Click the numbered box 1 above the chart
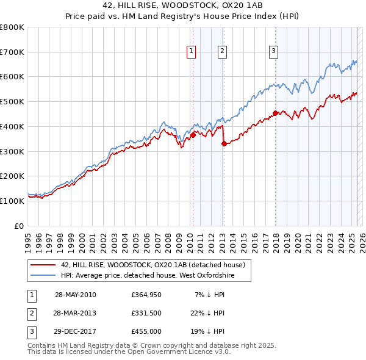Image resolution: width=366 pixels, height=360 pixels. [192, 52]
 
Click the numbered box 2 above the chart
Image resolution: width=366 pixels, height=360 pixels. [222, 52]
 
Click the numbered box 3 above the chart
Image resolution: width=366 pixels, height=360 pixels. [274, 52]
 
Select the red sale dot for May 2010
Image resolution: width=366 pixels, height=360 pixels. [193, 135]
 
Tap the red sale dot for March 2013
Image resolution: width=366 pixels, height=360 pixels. [223, 143]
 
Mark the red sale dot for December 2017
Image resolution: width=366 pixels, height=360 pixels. [275, 113]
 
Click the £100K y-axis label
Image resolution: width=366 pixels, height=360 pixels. [13, 201]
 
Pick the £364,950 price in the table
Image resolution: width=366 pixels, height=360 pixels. [146, 295]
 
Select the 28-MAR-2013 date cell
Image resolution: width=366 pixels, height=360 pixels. [75, 314]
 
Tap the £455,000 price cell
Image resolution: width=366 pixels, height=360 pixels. [146, 332]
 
